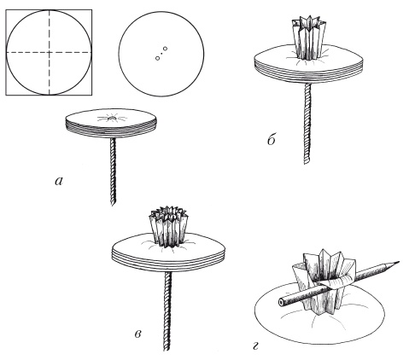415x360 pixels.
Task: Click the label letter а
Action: point(59,182)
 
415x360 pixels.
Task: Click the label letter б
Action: point(272,139)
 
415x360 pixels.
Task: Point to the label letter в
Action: point(137,334)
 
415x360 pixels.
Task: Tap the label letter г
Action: point(255,347)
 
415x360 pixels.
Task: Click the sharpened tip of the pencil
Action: point(399,262)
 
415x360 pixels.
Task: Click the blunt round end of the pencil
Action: point(281,302)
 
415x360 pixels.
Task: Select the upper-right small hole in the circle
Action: point(166,49)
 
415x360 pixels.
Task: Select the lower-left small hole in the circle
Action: point(157,58)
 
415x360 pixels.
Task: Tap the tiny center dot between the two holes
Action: point(161,53)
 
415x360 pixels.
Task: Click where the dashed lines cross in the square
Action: point(50,52)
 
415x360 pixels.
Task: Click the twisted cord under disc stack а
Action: point(113,171)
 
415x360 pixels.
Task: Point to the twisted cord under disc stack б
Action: point(307,124)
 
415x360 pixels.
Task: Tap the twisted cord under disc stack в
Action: point(167,311)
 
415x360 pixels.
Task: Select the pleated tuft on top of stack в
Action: point(168,226)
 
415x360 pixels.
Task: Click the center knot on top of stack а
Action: point(113,118)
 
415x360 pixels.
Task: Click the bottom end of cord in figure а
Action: point(113,204)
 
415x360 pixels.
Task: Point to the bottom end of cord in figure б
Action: point(307,163)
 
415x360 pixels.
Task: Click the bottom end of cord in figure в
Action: point(167,350)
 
